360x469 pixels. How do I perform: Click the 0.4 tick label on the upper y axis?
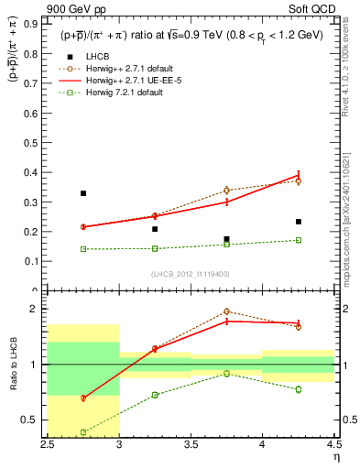pos(35,172)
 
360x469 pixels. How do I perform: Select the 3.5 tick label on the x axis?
pos(191,444)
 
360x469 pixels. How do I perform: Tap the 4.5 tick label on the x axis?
pos(333,444)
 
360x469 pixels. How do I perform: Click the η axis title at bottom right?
pos(335,456)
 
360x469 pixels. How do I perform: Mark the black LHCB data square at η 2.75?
pos(83,193)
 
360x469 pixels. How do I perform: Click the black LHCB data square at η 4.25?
pos(298,222)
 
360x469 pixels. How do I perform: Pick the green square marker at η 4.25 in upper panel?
pos(298,240)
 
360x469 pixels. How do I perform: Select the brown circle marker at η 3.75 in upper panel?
pos(226,191)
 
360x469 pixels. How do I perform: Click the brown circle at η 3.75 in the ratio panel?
pos(226,311)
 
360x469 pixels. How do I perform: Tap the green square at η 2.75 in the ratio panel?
pos(83,431)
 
